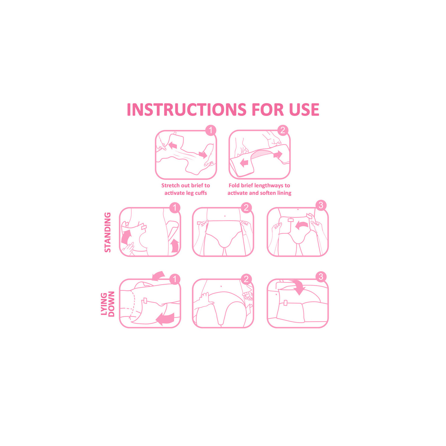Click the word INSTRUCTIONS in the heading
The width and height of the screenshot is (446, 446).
coord(187,109)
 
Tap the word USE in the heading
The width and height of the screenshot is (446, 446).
coord(304,109)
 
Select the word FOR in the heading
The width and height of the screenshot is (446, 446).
coord(268,109)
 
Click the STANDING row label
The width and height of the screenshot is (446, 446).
coord(108,232)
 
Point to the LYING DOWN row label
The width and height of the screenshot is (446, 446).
coord(108,304)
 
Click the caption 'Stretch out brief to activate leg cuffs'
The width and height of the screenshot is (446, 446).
coord(186,189)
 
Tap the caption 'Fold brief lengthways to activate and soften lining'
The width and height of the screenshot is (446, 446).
coord(259,189)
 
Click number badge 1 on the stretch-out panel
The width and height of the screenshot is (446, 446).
coord(211,130)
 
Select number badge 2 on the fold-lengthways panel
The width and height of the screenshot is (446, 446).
coord(283,130)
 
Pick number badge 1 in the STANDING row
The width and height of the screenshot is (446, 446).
coord(175,208)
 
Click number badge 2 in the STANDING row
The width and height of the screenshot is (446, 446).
coord(246,208)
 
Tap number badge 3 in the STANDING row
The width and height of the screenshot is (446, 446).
coord(321,205)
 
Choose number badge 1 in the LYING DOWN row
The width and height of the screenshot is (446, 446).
coord(175,279)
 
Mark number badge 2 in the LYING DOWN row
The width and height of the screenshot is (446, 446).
coord(246,279)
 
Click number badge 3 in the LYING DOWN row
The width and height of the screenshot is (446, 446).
coord(321,277)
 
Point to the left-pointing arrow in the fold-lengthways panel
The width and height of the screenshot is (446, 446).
coord(244,163)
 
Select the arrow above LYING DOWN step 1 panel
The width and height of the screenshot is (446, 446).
coord(158,275)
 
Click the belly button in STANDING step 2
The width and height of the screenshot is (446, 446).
coord(225,216)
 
